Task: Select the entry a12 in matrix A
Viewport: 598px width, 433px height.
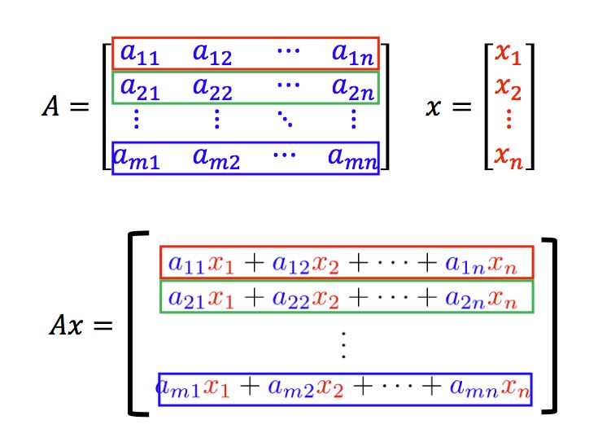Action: pyautogui.click(x=212, y=54)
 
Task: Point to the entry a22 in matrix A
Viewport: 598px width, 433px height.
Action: pyautogui.click(x=212, y=88)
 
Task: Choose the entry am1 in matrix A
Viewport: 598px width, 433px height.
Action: pyautogui.click(x=137, y=155)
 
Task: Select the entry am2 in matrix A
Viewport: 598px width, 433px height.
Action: pyautogui.click(x=216, y=155)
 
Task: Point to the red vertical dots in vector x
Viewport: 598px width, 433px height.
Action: pyautogui.click(x=508, y=120)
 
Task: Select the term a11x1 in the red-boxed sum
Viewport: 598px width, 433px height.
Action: pyautogui.click(x=200, y=262)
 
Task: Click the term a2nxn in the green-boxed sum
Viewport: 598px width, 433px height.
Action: pyautogui.click(x=480, y=296)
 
